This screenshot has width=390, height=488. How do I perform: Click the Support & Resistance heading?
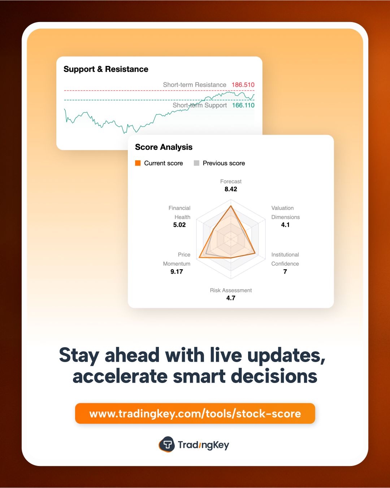pyautogui.click(x=106, y=69)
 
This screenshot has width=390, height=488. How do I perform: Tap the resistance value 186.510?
pyautogui.click(x=243, y=85)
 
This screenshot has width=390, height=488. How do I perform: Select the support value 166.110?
pyautogui.click(x=243, y=105)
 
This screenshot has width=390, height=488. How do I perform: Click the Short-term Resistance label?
pyautogui.click(x=195, y=85)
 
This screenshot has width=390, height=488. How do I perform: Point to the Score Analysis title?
pyautogui.click(x=164, y=147)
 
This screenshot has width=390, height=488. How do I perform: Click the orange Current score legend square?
pyautogui.click(x=138, y=163)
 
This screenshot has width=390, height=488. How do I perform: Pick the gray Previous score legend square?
pyautogui.click(x=196, y=163)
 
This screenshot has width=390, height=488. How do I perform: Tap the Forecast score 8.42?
pyautogui.click(x=231, y=189)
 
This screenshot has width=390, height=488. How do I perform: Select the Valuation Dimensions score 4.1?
pyautogui.click(x=285, y=225)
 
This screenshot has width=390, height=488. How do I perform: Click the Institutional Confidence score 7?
pyautogui.click(x=285, y=271)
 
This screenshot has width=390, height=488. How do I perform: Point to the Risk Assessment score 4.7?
pyautogui.click(x=231, y=298)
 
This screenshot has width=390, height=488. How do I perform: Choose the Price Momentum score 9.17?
pyautogui.click(x=177, y=271)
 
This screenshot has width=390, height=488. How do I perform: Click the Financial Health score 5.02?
pyautogui.click(x=179, y=225)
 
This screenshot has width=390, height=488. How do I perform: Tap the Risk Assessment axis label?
pyautogui.click(x=231, y=290)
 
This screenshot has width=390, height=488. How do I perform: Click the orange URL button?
pyautogui.click(x=195, y=413)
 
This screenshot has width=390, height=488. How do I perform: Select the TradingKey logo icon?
pyautogui.click(x=167, y=444)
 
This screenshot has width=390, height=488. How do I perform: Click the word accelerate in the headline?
pyautogui.click(x=120, y=376)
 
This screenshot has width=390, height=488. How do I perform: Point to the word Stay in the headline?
pyautogui.click(x=79, y=355)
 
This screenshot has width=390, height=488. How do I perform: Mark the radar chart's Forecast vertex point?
pyautogui.click(x=231, y=206)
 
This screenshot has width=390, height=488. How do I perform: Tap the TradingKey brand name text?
pyautogui.click(x=203, y=445)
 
